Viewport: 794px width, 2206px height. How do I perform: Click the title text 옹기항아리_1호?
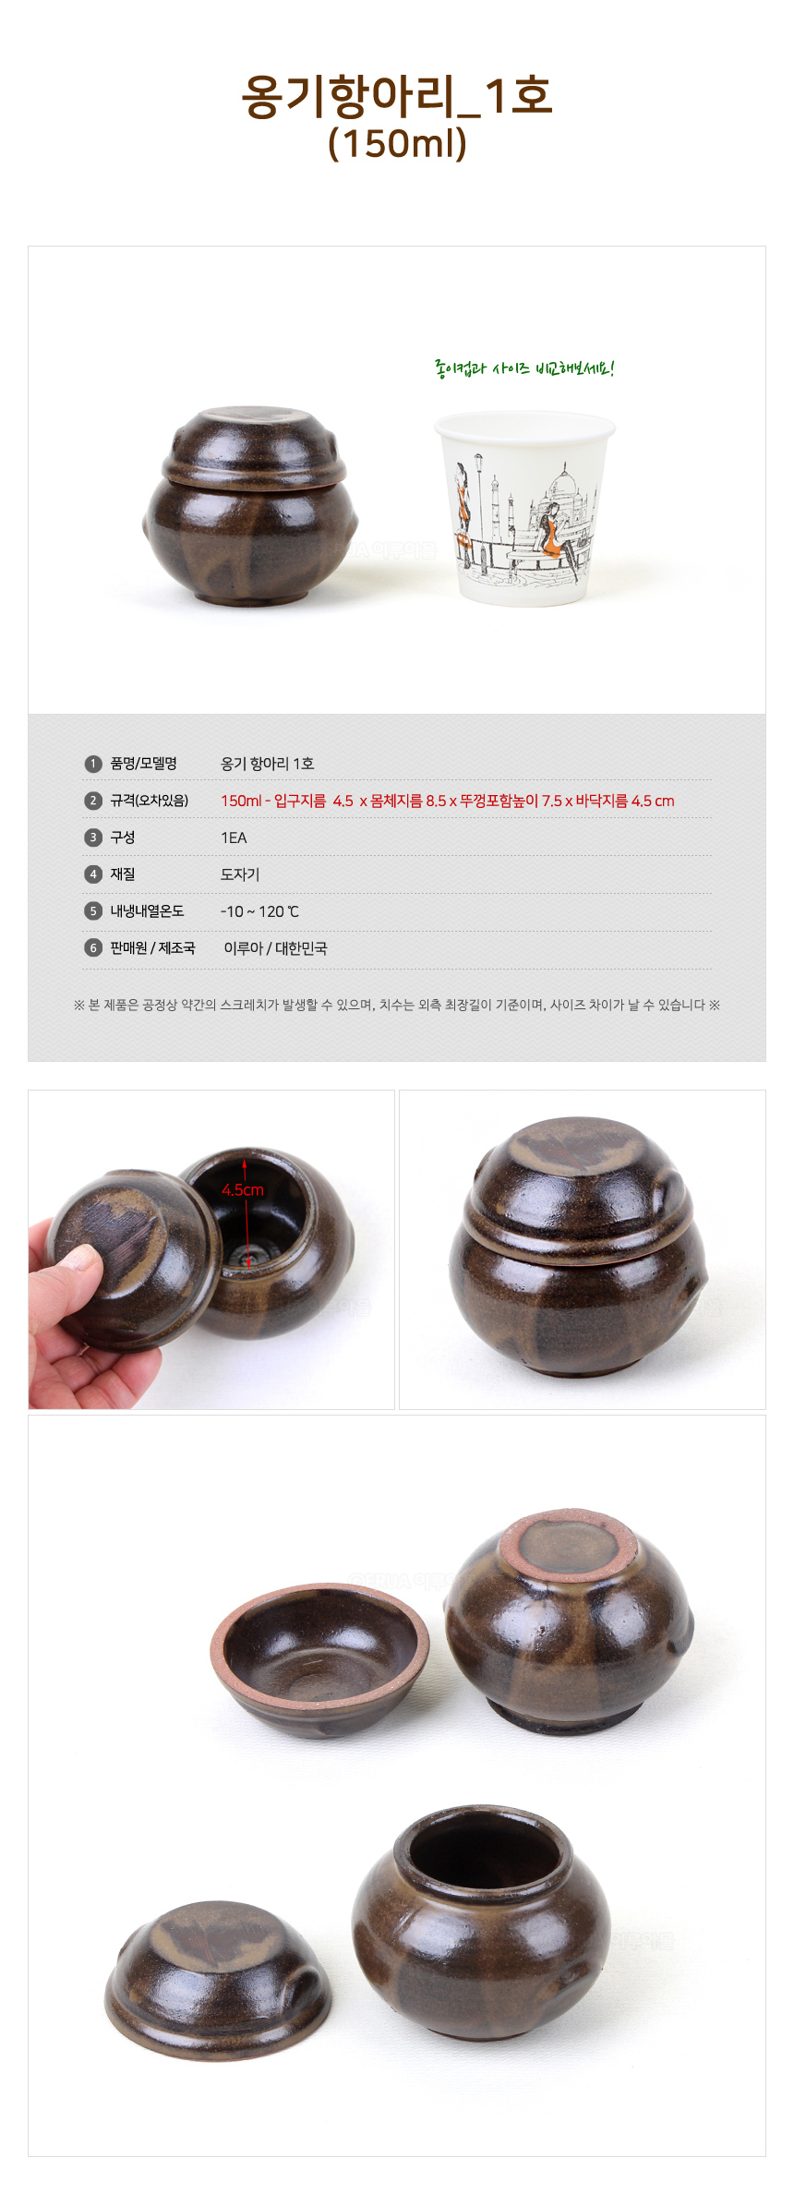[397, 96]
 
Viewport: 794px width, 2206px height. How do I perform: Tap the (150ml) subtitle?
[397, 143]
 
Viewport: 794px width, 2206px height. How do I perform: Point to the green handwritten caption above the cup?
[523, 369]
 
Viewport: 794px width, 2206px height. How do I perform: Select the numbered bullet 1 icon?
[92, 764]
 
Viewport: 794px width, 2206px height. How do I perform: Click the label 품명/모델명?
[143, 764]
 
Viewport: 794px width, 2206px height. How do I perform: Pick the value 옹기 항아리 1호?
[267, 764]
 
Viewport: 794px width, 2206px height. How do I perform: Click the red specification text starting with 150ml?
[447, 801]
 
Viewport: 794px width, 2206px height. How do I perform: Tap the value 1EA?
[234, 838]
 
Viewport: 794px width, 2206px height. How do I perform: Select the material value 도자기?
[240, 874]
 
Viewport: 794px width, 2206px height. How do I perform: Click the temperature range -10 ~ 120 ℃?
[259, 911]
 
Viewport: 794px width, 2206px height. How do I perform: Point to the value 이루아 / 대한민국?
[275, 948]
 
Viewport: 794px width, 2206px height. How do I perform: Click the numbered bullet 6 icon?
[92, 948]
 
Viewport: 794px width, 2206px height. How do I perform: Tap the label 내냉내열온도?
[147, 911]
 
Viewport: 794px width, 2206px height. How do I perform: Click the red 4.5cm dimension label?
[243, 1190]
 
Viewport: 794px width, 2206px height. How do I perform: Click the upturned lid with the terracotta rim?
[319, 1658]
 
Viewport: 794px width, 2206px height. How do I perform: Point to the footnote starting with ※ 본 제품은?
[397, 1005]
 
